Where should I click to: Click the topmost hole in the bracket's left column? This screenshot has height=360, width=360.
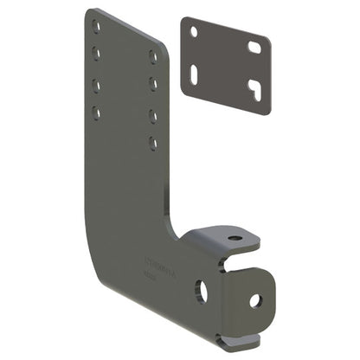tap(96, 27)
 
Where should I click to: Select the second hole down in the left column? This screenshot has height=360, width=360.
tap(96, 55)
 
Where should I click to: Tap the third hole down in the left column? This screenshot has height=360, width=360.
tap(96, 85)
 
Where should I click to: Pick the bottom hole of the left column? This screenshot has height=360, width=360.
tap(96, 112)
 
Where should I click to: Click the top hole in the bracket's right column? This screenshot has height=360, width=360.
tap(153, 55)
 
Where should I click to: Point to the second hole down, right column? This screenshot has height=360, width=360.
tap(153, 84)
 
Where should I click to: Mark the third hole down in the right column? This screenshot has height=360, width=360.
tap(153, 113)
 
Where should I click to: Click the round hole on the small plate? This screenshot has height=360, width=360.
tap(194, 31)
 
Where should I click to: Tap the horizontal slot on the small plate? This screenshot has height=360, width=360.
tap(254, 47)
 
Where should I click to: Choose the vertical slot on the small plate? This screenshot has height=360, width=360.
tap(196, 73)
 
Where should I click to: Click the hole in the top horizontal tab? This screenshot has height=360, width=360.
tap(235, 238)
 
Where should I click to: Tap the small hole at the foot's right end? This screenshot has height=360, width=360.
tap(255, 300)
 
